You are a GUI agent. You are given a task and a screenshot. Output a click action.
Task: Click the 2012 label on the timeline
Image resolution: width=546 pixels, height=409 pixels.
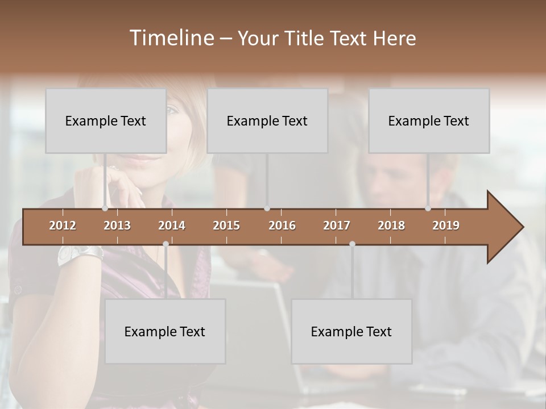[63, 226]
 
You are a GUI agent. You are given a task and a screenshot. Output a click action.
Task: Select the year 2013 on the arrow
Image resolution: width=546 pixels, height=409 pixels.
[117, 226]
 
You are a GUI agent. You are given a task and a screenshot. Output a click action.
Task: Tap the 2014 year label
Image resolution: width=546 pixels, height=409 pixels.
[172, 226]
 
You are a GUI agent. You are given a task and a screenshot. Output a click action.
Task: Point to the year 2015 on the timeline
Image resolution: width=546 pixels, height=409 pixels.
[226, 226]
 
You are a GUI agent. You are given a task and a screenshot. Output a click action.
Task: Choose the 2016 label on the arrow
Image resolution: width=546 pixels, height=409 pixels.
[282, 226]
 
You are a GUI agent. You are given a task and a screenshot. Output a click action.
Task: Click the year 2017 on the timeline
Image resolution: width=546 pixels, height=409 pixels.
[337, 226]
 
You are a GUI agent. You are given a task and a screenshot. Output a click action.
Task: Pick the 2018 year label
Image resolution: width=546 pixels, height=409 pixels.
[391, 226]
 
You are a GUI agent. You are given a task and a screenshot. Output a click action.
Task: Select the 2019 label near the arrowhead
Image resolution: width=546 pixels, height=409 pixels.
[446, 226]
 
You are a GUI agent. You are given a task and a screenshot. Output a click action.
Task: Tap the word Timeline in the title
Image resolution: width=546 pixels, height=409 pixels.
[171, 38]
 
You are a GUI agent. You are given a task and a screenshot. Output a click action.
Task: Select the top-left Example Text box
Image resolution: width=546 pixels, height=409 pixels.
[106, 120]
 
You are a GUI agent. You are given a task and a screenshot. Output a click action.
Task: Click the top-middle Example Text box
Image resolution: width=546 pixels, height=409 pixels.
[267, 120]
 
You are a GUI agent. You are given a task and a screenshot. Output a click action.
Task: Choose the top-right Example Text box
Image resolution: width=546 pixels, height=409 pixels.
[429, 120]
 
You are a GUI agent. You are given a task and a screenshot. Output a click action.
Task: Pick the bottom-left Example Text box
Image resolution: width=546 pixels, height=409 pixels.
[165, 331]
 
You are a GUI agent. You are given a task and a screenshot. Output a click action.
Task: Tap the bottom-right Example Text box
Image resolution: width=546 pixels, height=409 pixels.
[351, 331]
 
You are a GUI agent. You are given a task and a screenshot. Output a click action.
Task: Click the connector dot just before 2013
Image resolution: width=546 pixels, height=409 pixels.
[105, 208]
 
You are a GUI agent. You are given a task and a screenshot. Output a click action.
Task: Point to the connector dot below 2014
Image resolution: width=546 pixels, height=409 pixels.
[166, 244]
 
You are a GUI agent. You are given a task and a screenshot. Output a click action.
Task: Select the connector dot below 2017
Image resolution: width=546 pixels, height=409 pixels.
[352, 244]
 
